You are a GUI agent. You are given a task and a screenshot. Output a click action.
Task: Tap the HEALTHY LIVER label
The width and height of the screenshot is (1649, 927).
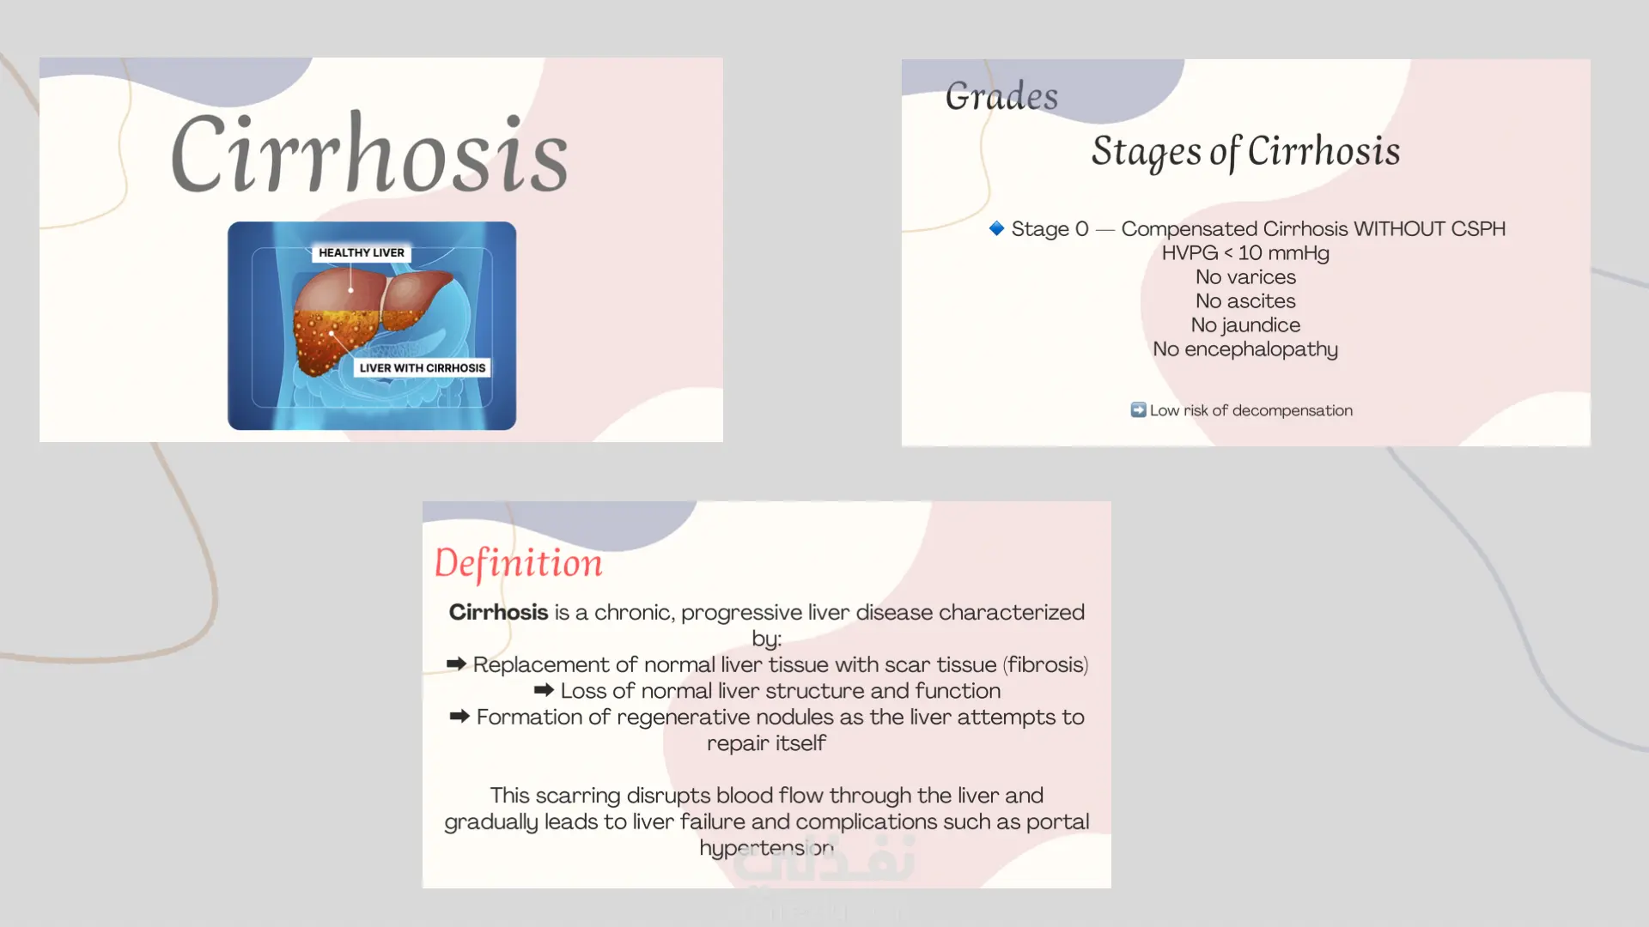click(362, 252)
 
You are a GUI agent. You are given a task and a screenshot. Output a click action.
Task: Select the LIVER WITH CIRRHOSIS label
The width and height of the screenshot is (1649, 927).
click(423, 367)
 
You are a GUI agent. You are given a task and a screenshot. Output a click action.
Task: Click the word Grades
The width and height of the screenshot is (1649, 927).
click(1001, 96)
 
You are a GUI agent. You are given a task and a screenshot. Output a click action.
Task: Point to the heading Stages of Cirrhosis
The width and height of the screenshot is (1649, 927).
click(1245, 152)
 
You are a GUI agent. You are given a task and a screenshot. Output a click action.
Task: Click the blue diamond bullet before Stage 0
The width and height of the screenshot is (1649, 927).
click(996, 227)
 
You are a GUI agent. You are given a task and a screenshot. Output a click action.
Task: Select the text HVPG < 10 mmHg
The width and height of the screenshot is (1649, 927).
click(1245, 252)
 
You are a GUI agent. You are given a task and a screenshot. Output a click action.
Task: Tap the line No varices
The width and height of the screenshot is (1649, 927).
click(1245, 276)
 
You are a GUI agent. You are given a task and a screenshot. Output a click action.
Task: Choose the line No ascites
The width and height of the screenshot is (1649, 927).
click(1245, 300)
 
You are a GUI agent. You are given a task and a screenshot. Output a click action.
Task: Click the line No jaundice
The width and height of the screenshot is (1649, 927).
click(1245, 324)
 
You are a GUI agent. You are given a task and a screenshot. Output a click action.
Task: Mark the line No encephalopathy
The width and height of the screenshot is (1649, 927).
click(1245, 348)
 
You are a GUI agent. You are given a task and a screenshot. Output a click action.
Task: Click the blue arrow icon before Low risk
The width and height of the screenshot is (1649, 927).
click(1138, 409)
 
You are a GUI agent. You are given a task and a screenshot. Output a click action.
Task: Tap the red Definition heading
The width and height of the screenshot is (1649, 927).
click(518, 564)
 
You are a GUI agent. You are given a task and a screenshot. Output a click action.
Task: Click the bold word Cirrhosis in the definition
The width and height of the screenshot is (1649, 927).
click(498, 612)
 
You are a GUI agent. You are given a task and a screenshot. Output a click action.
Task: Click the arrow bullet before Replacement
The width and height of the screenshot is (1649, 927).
click(456, 663)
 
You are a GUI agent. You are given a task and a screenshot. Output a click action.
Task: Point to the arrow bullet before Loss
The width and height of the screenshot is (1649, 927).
click(544, 689)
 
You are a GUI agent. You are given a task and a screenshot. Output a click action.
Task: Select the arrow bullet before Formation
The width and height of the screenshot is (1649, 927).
click(459, 716)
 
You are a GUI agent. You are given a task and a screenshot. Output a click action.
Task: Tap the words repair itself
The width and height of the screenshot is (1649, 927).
click(766, 742)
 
